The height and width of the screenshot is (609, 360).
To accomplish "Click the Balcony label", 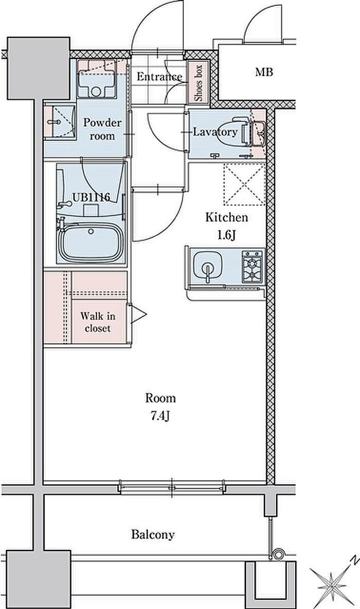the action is (153, 535).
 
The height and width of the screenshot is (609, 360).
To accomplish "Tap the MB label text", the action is (264, 72).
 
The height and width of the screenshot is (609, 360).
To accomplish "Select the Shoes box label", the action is (199, 83).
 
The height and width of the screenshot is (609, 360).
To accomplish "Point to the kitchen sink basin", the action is (208, 266).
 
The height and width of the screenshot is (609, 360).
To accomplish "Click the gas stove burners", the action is (253, 266).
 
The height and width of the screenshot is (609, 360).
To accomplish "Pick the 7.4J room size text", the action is (160, 417).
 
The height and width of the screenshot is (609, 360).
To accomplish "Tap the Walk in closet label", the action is (98, 322).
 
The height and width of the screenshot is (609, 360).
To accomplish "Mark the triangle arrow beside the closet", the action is (138, 314).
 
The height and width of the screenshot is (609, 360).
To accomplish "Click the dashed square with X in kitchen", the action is (245, 184).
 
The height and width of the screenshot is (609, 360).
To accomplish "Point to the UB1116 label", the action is (91, 197).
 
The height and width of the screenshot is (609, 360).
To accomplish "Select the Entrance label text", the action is (159, 77).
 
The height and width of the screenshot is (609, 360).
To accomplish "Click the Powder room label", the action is (102, 130).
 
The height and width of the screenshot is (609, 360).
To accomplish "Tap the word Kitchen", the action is (226, 217).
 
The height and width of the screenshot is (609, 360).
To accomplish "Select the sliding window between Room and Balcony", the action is (172, 487).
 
